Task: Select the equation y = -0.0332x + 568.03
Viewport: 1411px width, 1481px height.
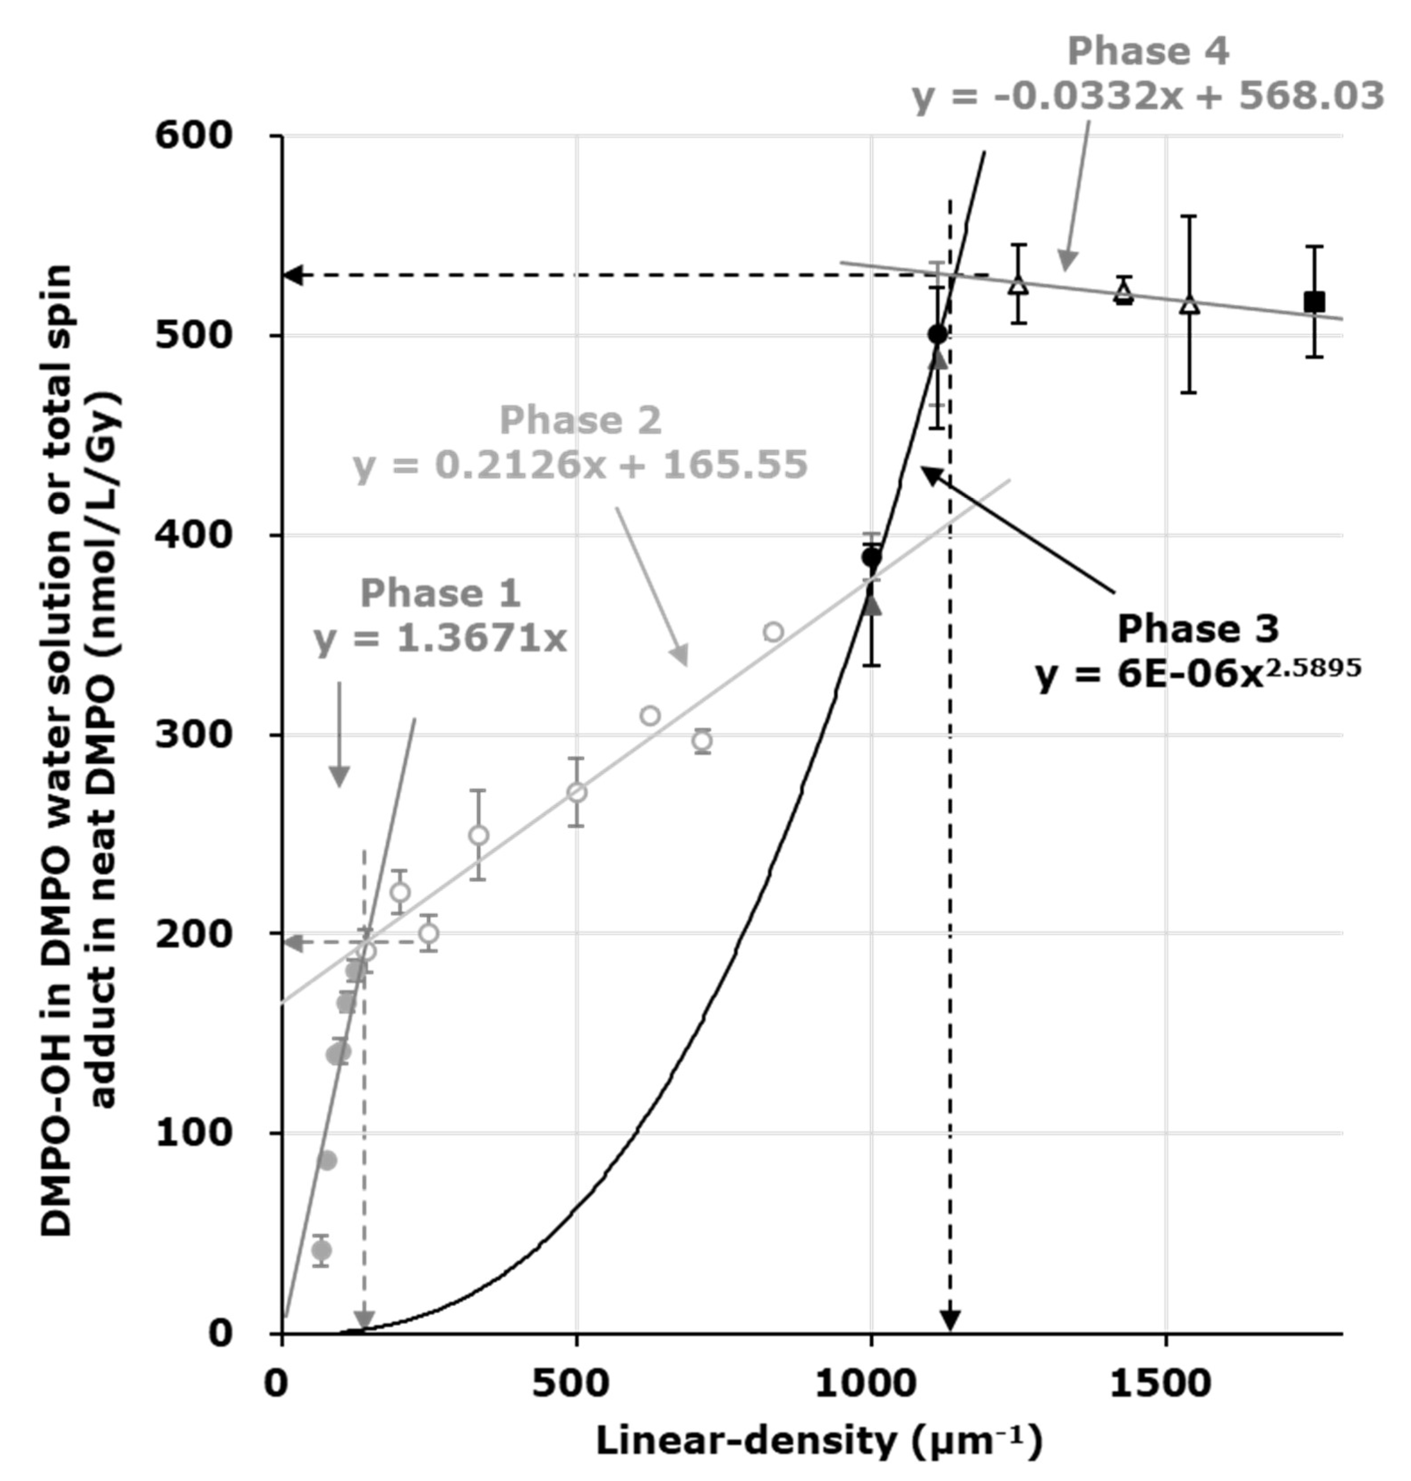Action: click(x=1148, y=97)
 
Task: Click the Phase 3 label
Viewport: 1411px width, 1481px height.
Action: click(x=1198, y=628)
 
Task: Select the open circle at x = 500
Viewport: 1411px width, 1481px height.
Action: click(x=577, y=792)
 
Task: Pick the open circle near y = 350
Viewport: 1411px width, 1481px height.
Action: click(x=773, y=632)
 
